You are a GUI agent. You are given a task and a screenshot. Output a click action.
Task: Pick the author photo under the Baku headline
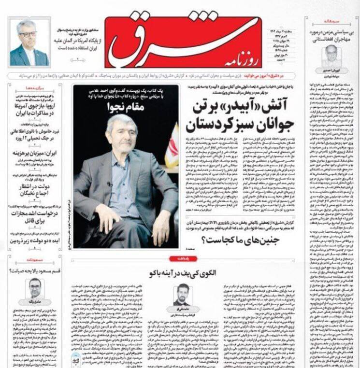(182, 295)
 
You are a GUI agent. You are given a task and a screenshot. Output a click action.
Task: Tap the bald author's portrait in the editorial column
(331, 56)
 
